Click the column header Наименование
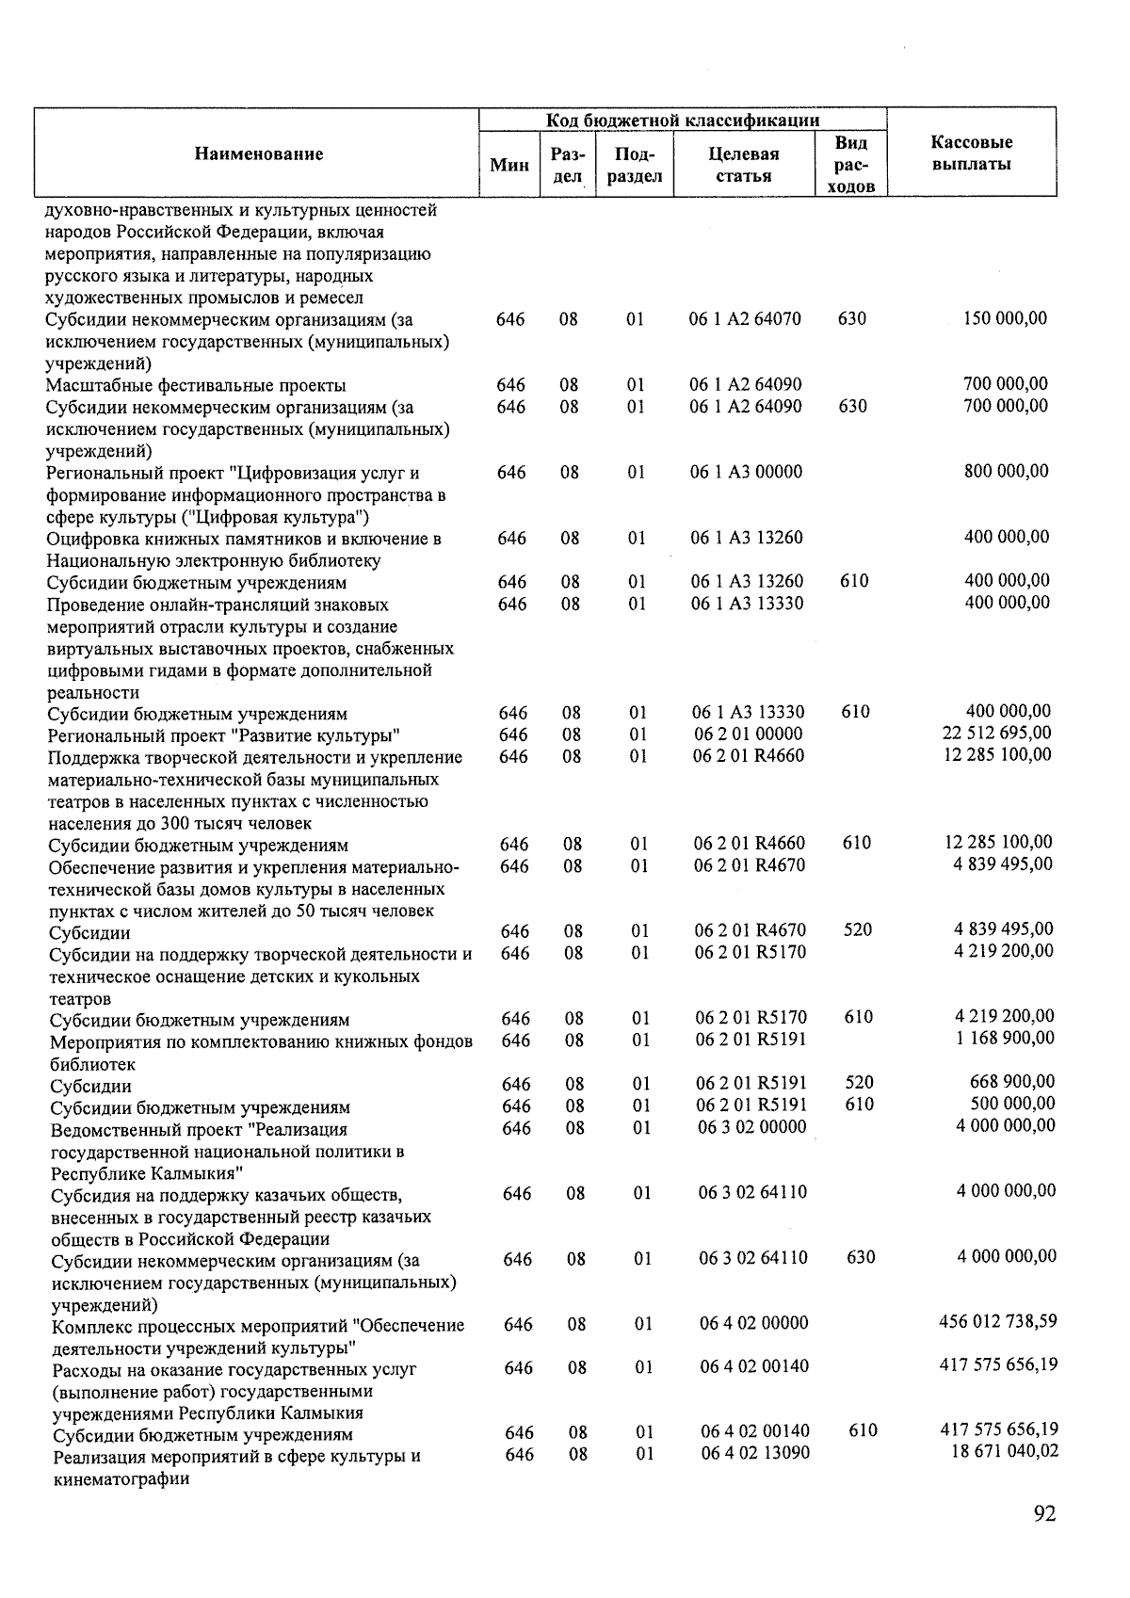click(x=259, y=154)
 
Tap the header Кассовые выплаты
click(x=971, y=153)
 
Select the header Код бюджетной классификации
click(x=683, y=121)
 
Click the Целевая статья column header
click(x=743, y=165)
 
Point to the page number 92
click(x=1044, y=1513)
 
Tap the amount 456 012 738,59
click(x=998, y=1321)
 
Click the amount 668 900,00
click(x=1012, y=1081)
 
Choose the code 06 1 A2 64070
click(x=745, y=319)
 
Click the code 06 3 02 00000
click(x=751, y=1127)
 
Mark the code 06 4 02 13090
click(x=754, y=1453)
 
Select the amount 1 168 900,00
click(x=1005, y=1038)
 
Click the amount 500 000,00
click(x=1012, y=1103)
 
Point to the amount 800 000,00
click(x=1006, y=471)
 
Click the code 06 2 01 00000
click(x=749, y=734)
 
